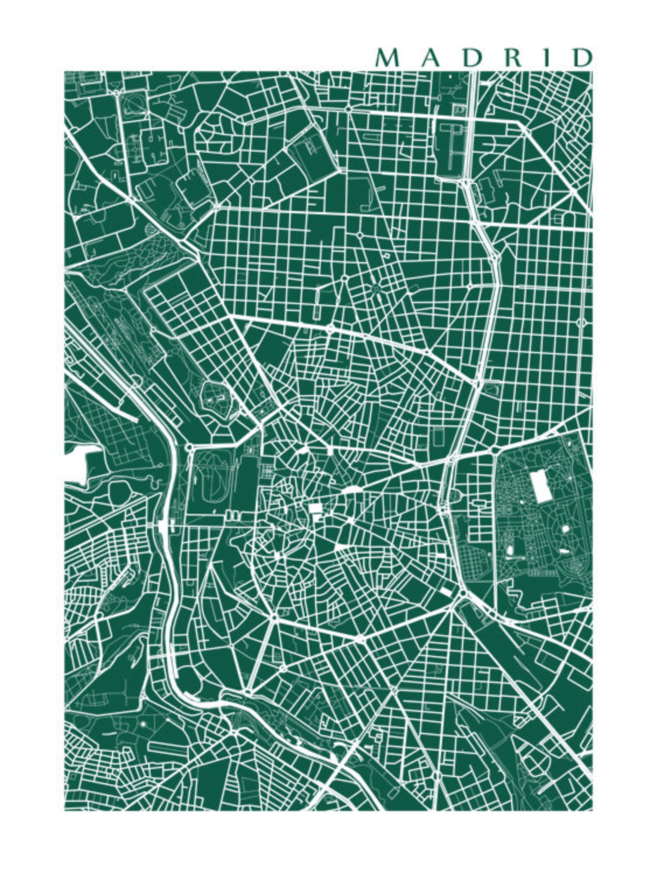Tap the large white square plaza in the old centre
click(x=316, y=507)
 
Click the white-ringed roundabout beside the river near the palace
click(x=189, y=448)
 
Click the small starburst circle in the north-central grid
click(x=376, y=288)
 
